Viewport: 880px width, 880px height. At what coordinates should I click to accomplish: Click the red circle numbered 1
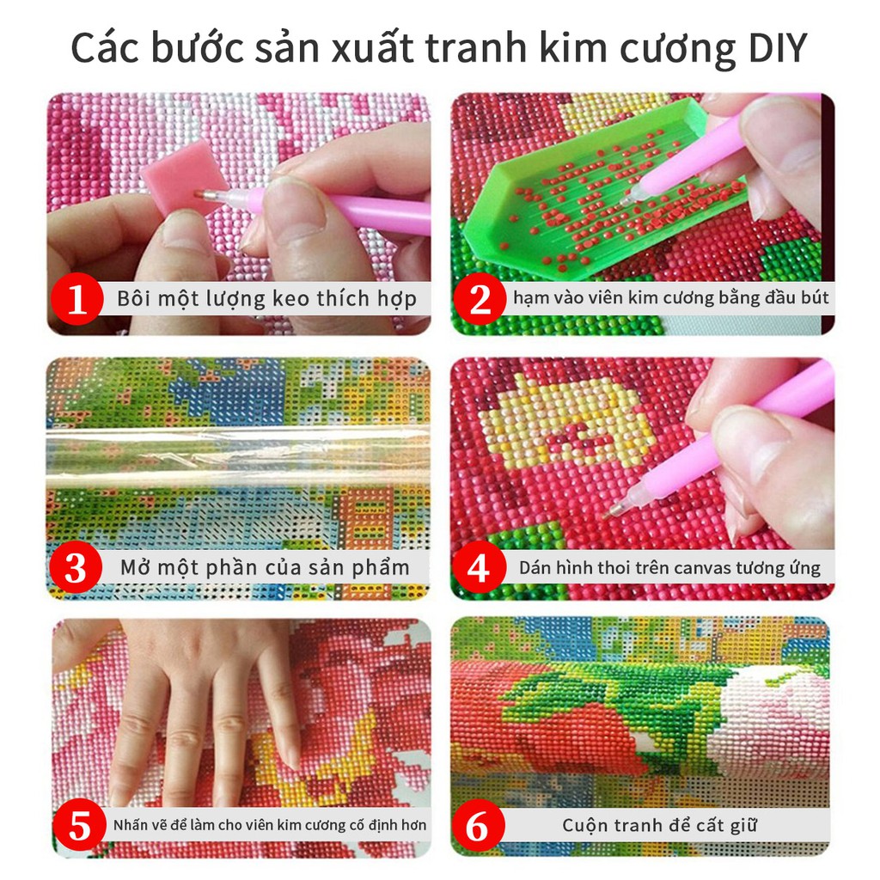[x=76, y=298]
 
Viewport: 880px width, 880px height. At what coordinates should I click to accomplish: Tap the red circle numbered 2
[x=480, y=298]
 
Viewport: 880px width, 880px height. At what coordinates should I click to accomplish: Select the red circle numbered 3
[x=76, y=567]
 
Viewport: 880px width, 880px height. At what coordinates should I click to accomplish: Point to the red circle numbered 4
[x=479, y=567]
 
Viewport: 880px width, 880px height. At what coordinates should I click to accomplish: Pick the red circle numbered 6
[x=478, y=826]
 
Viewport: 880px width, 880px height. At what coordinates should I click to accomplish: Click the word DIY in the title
[x=778, y=48]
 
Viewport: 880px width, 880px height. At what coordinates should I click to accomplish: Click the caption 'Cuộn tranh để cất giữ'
[x=659, y=826]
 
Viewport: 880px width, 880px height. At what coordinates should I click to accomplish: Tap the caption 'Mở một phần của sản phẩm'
[x=265, y=568]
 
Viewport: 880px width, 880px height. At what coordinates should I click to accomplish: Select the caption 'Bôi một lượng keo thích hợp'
[x=266, y=298]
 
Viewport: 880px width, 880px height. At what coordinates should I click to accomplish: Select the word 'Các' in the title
[x=105, y=48]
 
